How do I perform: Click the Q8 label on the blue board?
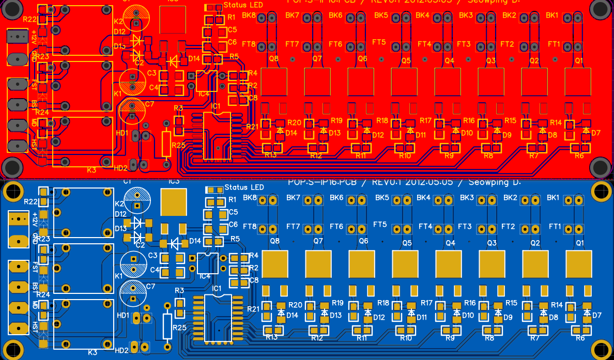click(274, 241)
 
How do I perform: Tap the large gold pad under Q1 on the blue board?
click(579, 264)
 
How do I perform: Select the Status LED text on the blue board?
click(244, 187)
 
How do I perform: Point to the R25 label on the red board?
click(178, 145)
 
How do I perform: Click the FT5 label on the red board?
click(379, 42)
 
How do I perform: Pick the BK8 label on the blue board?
click(250, 198)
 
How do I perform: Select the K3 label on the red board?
click(91, 169)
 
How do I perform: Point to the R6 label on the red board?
click(579, 155)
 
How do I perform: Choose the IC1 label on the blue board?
click(217, 288)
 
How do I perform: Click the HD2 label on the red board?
click(120, 168)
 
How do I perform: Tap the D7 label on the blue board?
click(596, 315)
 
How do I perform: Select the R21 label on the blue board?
click(252, 309)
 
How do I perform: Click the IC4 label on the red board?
click(204, 94)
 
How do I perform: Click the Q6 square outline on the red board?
click(362, 82)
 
